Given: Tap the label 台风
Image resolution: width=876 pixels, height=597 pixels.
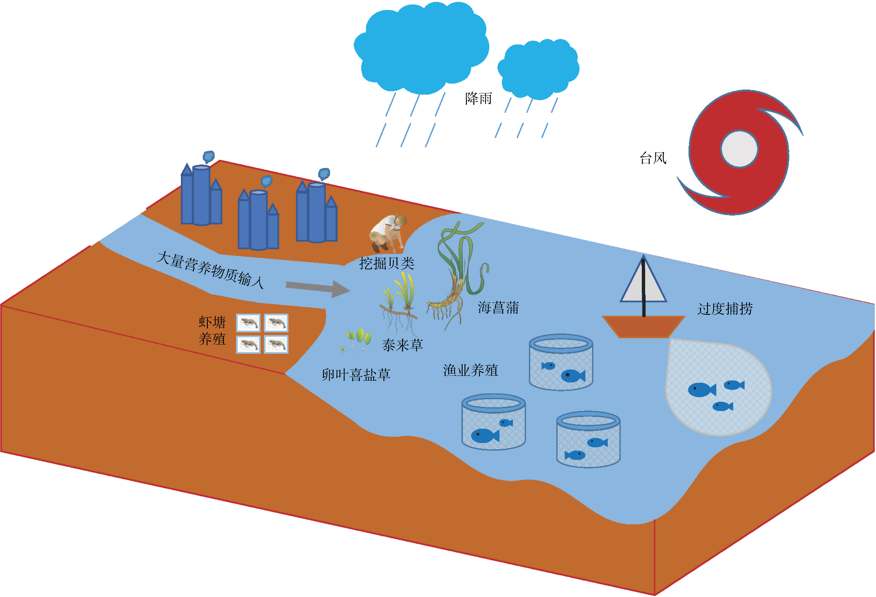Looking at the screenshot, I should point(653,158).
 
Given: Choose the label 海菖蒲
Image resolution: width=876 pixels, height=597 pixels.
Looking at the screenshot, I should point(498,308).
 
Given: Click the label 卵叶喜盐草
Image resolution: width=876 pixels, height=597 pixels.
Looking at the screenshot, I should point(356,375).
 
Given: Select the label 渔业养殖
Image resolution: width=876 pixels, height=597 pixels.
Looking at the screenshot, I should point(470,370).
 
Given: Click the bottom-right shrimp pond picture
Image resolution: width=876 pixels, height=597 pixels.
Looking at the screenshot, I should point(276,344).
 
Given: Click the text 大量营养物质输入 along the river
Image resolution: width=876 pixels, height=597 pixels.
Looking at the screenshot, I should point(210,270).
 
